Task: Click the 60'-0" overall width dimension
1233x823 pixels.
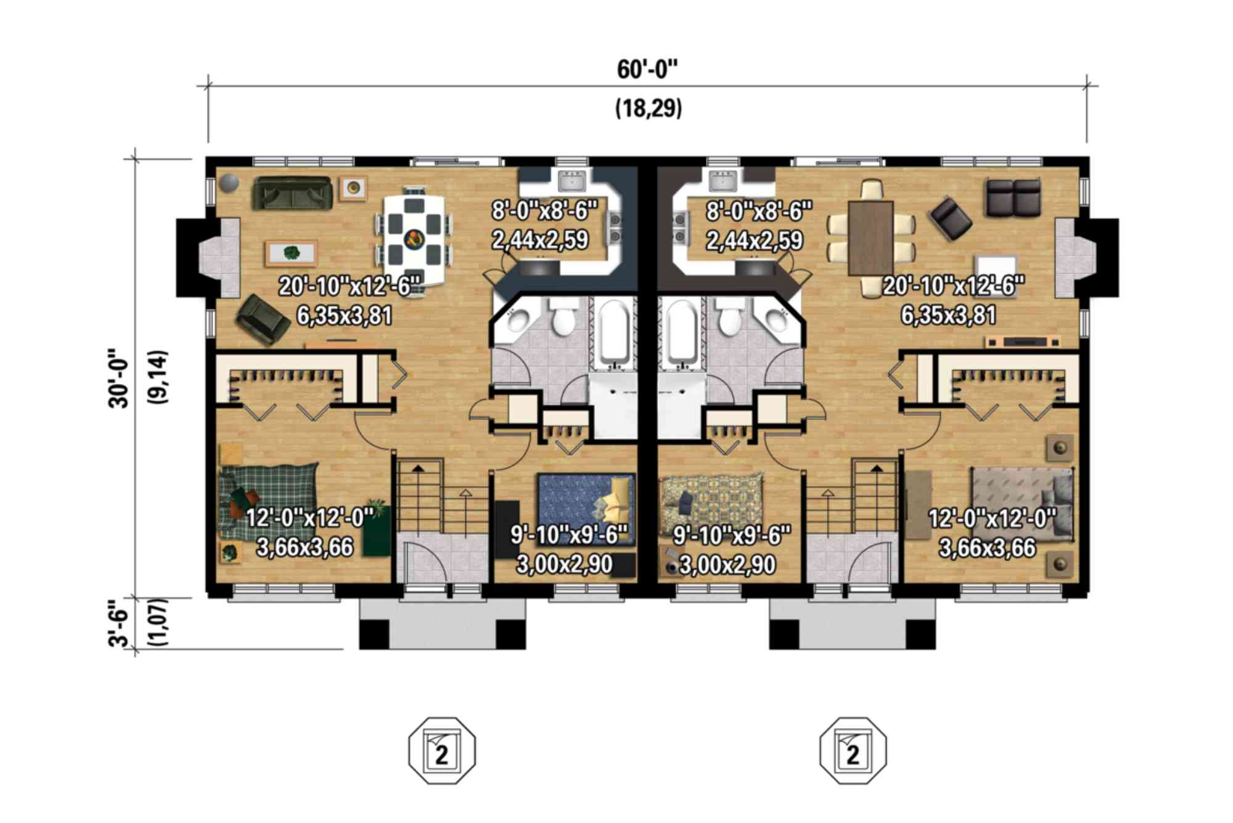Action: point(647,70)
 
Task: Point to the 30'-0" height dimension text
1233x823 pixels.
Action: point(118,379)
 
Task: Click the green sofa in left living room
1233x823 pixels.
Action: point(292,192)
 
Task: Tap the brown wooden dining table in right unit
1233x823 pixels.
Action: point(870,237)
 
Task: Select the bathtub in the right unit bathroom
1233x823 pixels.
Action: point(681,333)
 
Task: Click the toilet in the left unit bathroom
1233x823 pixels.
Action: point(563,318)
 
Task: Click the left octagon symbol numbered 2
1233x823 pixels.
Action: point(442,750)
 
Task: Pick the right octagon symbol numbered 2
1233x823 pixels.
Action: point(853,750)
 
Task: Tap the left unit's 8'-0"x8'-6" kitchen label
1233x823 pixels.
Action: point(544,211)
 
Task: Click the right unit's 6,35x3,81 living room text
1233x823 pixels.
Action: point(948,316)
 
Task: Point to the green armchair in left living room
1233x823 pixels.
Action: point(261,319)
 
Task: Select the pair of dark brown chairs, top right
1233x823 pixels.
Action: point(1013,197)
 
